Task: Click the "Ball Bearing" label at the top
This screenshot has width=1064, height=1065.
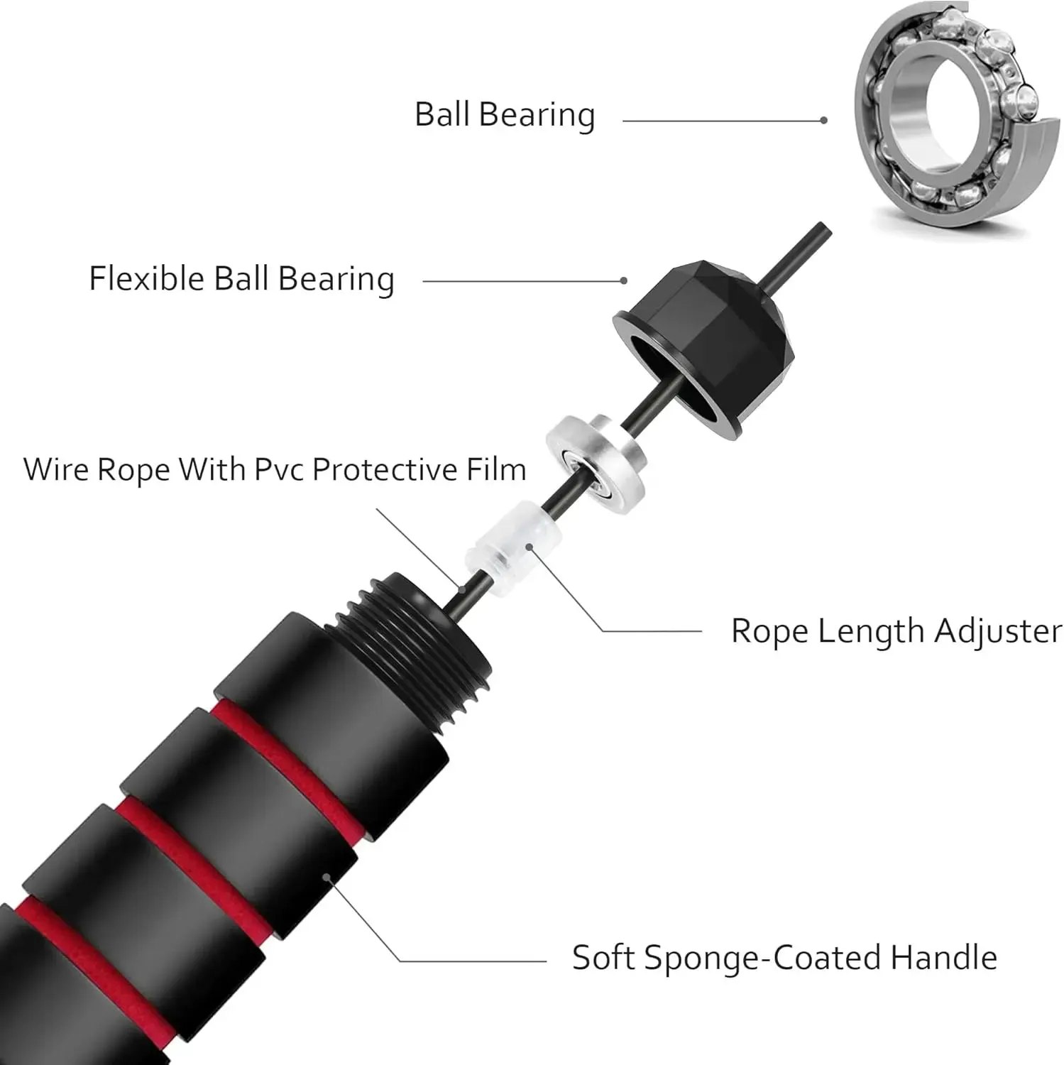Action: pyautogui.click(x=504, y=115)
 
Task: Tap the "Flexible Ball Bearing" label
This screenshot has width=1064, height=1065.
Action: pyautogui.click(x=241, y=278)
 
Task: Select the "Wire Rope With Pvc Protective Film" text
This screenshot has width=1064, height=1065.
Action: pyautogui.click(x=275, y=470)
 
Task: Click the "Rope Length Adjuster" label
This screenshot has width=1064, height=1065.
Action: pyautogui.click(x=896, y=630)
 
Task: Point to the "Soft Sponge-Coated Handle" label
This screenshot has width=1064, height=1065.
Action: pyautogui.click(x=784, y=957)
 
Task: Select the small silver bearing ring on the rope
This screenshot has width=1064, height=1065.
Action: pyautogui.click(x=596, y=461)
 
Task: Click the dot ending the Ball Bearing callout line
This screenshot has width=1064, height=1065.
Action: pyautogui.click(x=823, y=121)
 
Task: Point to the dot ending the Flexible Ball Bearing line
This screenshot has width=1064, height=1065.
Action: pyautogui.click(x=623, y=280)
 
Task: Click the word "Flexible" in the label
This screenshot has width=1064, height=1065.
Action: pyautogui.click(x=146, y=278)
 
